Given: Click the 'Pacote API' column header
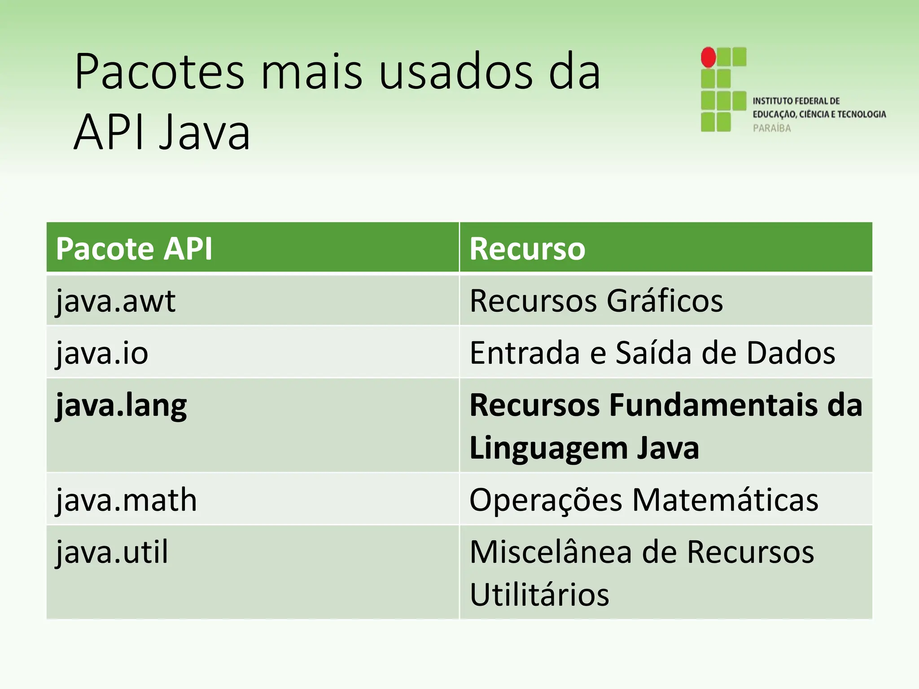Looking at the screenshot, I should [x=134, y=249].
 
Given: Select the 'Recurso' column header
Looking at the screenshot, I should [x=527, y=249].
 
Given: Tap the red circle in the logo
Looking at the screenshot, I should [x=709, y=57].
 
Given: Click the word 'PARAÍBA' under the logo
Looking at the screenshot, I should [x=772, y=128].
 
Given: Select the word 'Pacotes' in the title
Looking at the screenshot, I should [x=160, y=72].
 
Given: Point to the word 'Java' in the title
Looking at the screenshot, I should [x=205, y=132].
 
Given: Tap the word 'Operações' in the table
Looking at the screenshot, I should [x=546, y=500].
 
